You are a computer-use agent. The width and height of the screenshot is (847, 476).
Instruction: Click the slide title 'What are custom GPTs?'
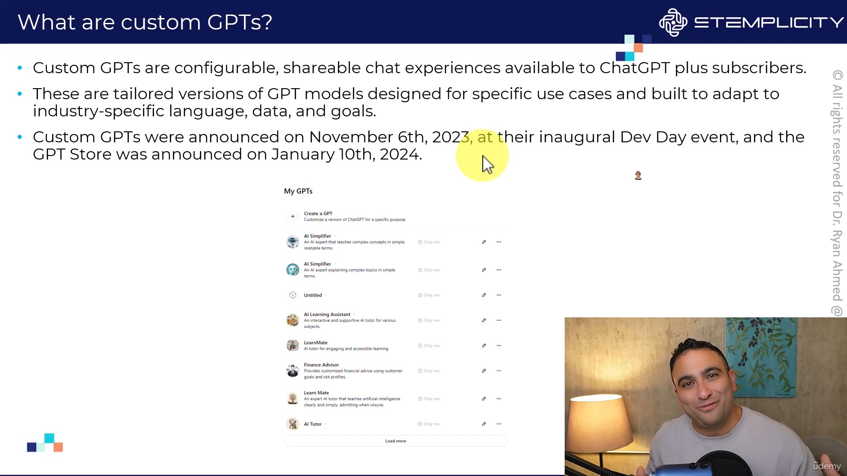tap(145, 22)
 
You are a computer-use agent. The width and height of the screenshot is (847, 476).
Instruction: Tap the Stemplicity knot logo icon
tap(673, 22)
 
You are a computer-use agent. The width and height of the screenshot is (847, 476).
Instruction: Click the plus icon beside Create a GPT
tap(292, 216)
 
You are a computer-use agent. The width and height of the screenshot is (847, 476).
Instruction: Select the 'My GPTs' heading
tap(298, 191)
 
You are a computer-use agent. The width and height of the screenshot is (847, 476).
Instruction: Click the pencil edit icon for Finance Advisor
tap(484, 371)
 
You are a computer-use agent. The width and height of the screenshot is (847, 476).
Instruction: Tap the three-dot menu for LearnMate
tap(499, 346)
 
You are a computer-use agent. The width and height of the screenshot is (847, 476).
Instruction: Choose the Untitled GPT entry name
tap(313, 295)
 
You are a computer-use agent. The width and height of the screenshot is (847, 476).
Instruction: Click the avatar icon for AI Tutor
tap(292, 424)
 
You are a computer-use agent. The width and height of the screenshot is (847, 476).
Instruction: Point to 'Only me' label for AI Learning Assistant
tap(429, 320)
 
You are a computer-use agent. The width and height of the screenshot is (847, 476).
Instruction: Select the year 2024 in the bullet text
tap(399, 154)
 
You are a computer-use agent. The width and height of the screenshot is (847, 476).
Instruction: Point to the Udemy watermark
tap(827, 466)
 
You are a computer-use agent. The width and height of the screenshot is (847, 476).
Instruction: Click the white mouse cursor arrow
tap(487, 165)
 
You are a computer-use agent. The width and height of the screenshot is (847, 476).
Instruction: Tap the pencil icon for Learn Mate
tap(484, 399)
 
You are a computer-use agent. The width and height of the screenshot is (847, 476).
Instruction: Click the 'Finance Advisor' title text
tap(321, 365)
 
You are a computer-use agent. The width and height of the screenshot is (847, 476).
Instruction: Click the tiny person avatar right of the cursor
tap(638, 176)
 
